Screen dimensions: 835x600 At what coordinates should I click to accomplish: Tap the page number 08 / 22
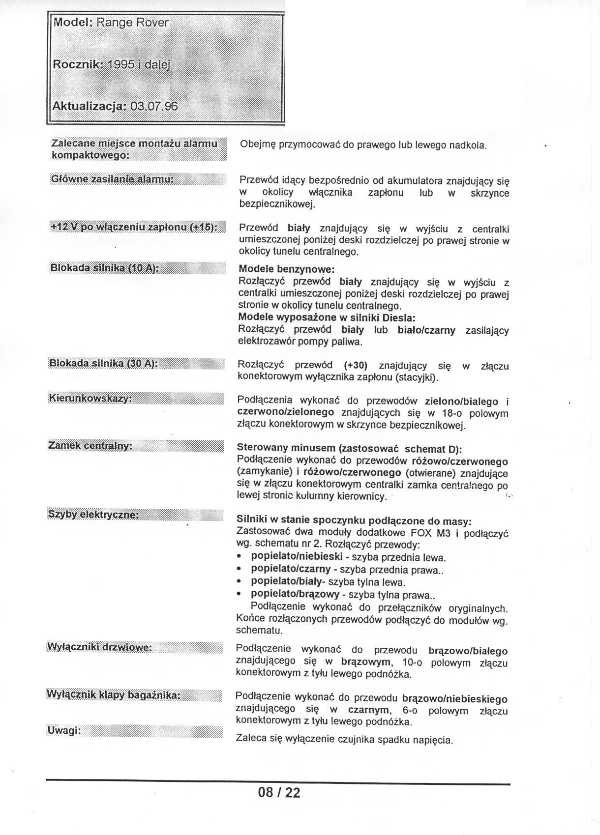pos(279,792)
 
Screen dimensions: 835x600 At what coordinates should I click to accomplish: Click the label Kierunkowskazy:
pos(90,398)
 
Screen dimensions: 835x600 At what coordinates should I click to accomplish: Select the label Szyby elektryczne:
pos(93,514)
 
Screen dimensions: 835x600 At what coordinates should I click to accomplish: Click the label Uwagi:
pos(64,730)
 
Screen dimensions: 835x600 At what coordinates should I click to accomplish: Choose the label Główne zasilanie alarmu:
pos(112,179)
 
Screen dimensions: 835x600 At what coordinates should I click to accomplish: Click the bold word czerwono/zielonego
pos(285,412)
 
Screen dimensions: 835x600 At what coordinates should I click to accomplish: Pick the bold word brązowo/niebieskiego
pos(454,698)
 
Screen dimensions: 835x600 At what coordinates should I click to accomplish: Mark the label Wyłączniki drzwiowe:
pos(99,647)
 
